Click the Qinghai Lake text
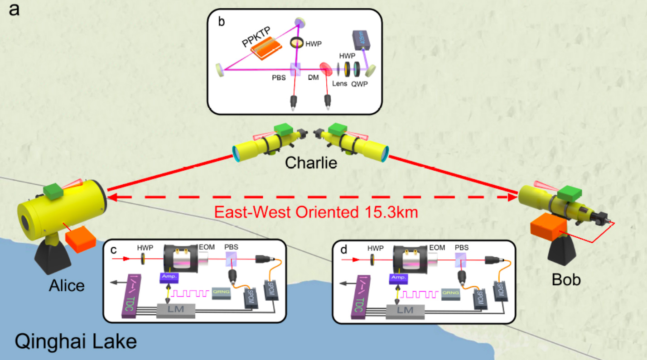point(76,341)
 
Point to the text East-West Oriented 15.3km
point(316,211)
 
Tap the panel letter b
point(221,21)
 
